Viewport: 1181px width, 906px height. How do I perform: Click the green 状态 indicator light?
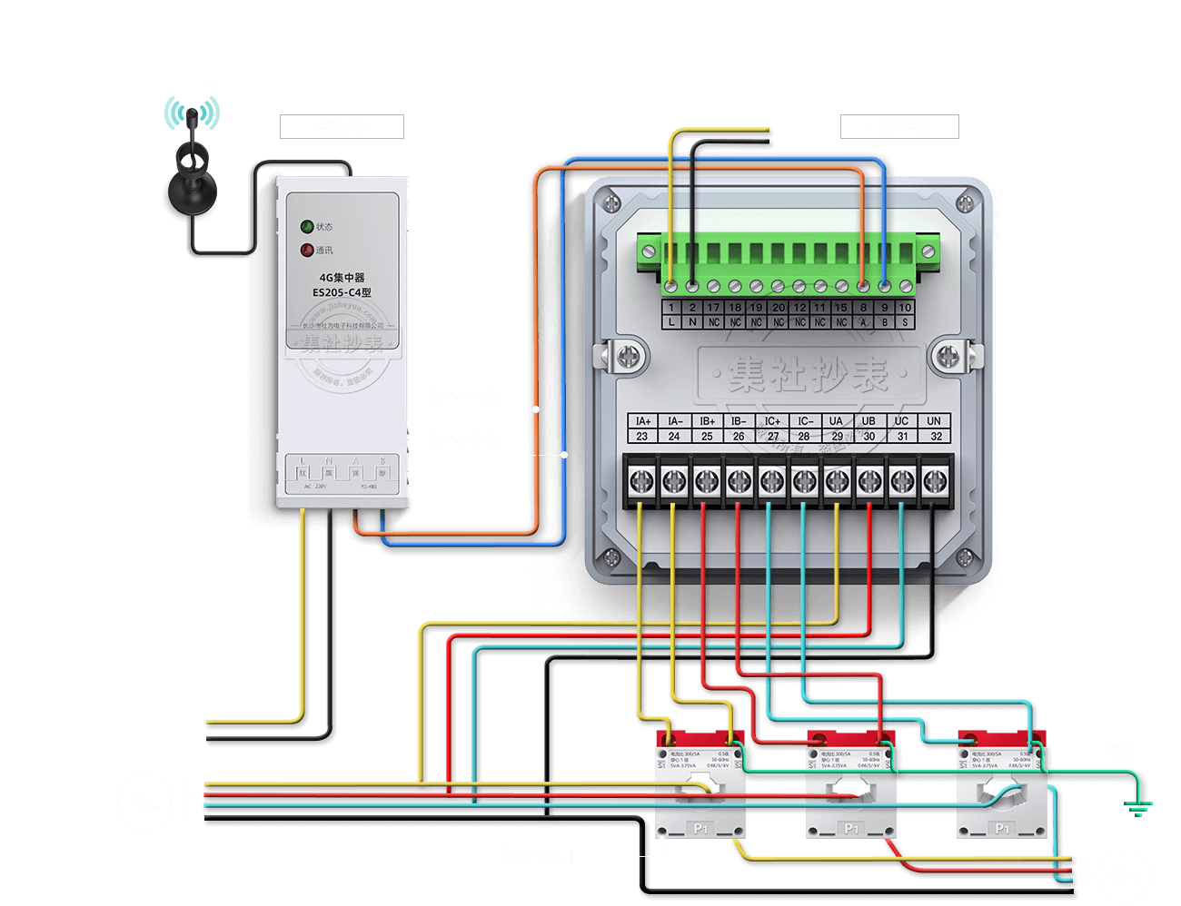click(307, 227)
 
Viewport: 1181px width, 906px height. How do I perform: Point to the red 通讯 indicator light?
click(307, 251)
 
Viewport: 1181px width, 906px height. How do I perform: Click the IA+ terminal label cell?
click(642, 421)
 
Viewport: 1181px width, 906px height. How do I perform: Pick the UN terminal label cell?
click(934, 421)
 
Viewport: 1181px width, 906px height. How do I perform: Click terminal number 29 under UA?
click(837, 437)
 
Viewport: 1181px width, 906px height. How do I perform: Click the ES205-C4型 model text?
click(342, 293)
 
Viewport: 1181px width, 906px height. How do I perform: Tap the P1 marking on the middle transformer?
click(851, 829)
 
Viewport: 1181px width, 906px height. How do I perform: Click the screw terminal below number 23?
click(640, 481)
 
